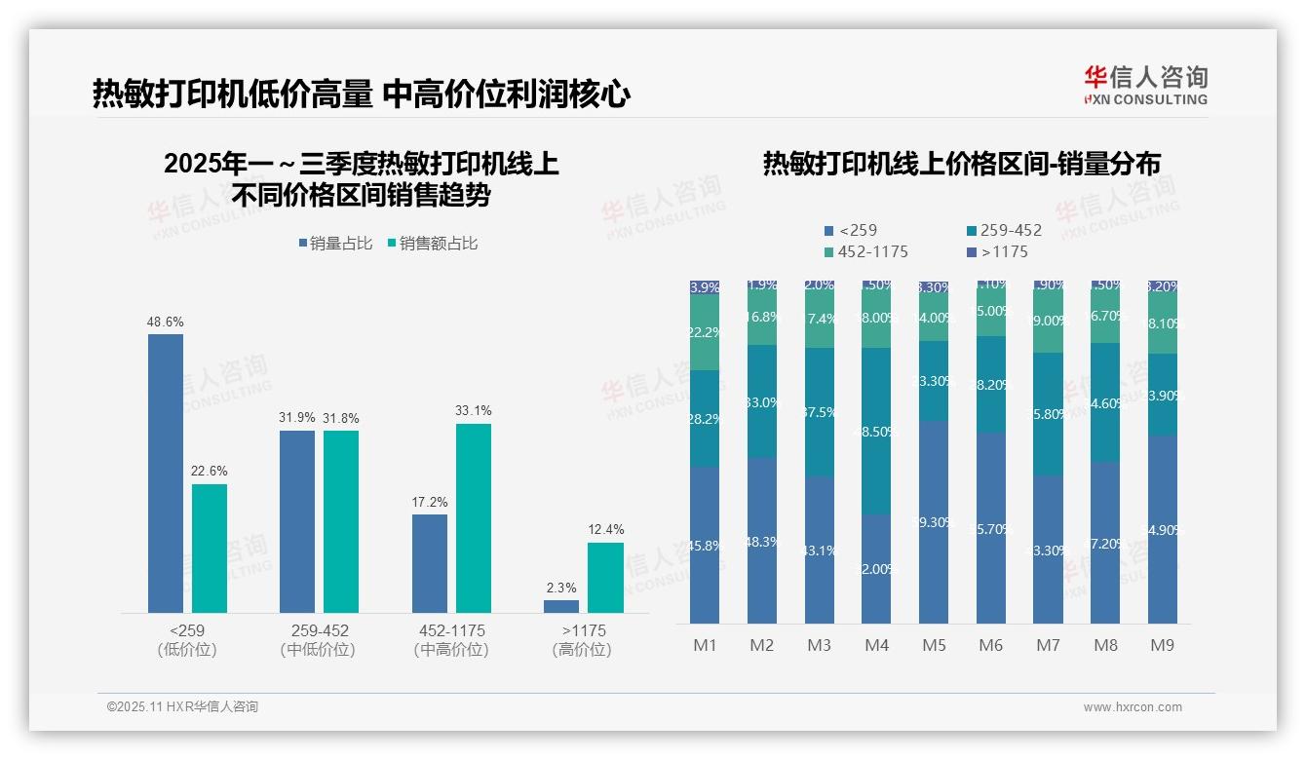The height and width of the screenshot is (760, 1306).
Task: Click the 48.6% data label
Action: pyautogui.click(x=165, y=322)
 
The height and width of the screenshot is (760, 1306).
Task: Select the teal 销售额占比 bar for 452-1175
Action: pyautogui.click(x=473, y=517)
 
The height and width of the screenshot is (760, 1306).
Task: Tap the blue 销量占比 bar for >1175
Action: pyautogui.click(x=560, y=606)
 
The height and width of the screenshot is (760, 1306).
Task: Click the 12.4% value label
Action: pyautogui.click(x=605, y=529)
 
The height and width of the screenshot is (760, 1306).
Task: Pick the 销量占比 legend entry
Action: pyautogui.click(x=335, y=244)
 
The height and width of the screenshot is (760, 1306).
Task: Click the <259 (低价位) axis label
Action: pyautogui.click(x=186, y=639)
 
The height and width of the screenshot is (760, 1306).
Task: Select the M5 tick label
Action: pyautogui.click(x=934, y=645)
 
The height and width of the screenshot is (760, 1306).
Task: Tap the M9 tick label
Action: pyautogui.click(x=1162, y=645)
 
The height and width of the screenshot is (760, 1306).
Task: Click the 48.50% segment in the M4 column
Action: pyautogui.click(x=876, y=431)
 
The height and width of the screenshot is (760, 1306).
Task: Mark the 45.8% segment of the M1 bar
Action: pyautogui.click(x=705, y=545)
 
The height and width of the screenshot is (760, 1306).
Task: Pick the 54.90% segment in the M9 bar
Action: pyautogui.click(x=1162, y=529)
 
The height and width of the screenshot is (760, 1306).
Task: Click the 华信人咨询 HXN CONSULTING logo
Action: pyautogui.click(x=1145, y=86)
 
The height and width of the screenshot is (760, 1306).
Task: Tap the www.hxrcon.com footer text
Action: pyautogui.click(x=1133, y=707)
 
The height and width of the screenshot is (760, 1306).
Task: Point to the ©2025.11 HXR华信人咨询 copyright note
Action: pyautogui.click(x=182, y=706)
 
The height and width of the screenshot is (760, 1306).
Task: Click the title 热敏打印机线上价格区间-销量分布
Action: pyautogui.click(x=961, y=165)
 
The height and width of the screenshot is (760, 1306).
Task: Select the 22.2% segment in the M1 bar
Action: pyautogui.click(x=705, y=332)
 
